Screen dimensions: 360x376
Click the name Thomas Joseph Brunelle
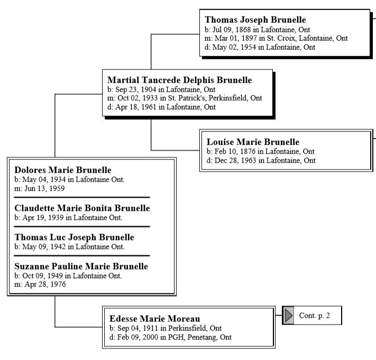pos(255,20)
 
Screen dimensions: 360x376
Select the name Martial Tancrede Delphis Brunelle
pos(180,80)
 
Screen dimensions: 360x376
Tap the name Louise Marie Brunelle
pos(253,142)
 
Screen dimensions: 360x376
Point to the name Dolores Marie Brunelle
pos(63,170)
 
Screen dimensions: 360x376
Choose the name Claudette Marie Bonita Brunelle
pos(82,208)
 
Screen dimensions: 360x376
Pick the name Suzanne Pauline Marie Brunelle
pos(81,266)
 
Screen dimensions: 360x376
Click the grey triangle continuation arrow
pos(288,316)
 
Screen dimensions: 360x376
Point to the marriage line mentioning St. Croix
pos(277,38)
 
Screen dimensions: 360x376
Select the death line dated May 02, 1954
pos(260,47)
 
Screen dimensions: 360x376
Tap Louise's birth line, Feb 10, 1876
pos(261,151)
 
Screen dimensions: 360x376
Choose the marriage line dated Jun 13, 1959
pos(40,188)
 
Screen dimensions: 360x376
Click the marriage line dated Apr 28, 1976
pos(40,284)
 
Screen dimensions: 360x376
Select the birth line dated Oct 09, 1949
pos(68,275)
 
